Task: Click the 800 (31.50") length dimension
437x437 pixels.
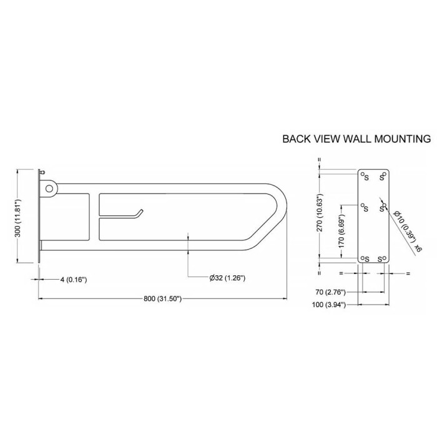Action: click(x=162, y=299)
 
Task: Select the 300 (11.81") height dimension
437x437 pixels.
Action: click(x=17, y=218)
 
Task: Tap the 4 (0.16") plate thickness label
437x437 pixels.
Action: click(x=74, y=279)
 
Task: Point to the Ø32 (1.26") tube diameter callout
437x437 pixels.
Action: click(x=227, y=278)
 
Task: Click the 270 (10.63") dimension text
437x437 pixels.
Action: click(x=320, y=212)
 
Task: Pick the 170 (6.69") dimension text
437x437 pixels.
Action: click(x=342, y=231)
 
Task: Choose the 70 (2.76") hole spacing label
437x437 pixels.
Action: click(x=330, y=292)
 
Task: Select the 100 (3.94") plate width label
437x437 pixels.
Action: click(x=329, y=305)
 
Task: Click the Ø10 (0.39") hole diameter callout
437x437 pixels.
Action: click(x=405, y=227)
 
